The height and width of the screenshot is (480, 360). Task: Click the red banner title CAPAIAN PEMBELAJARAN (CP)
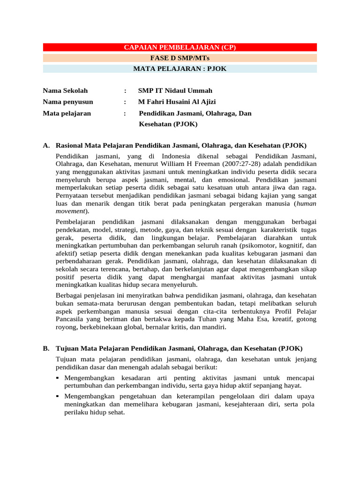coord(180,47)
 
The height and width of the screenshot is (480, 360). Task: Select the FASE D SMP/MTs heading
coord(180,58)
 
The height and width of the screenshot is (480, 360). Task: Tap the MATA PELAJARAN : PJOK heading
coord(180,69)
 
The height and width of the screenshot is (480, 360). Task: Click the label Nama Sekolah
coord(65,90)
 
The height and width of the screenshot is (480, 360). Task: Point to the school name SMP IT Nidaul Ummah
coord(175,90)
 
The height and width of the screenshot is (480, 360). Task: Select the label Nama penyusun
coord(68,102)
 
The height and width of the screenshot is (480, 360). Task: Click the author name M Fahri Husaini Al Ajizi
coord(177,102)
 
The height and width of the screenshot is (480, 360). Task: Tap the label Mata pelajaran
coord(67,113)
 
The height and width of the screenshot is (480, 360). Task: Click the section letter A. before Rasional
coord(46,146)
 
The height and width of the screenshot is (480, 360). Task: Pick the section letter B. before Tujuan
coord(46,348)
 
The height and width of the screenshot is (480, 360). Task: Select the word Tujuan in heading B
coord(67,348)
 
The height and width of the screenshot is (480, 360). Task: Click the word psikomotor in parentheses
coord(257,245)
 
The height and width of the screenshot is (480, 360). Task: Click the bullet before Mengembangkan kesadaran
coord(58,378)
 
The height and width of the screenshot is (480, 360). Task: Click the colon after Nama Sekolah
coord(126,90)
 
